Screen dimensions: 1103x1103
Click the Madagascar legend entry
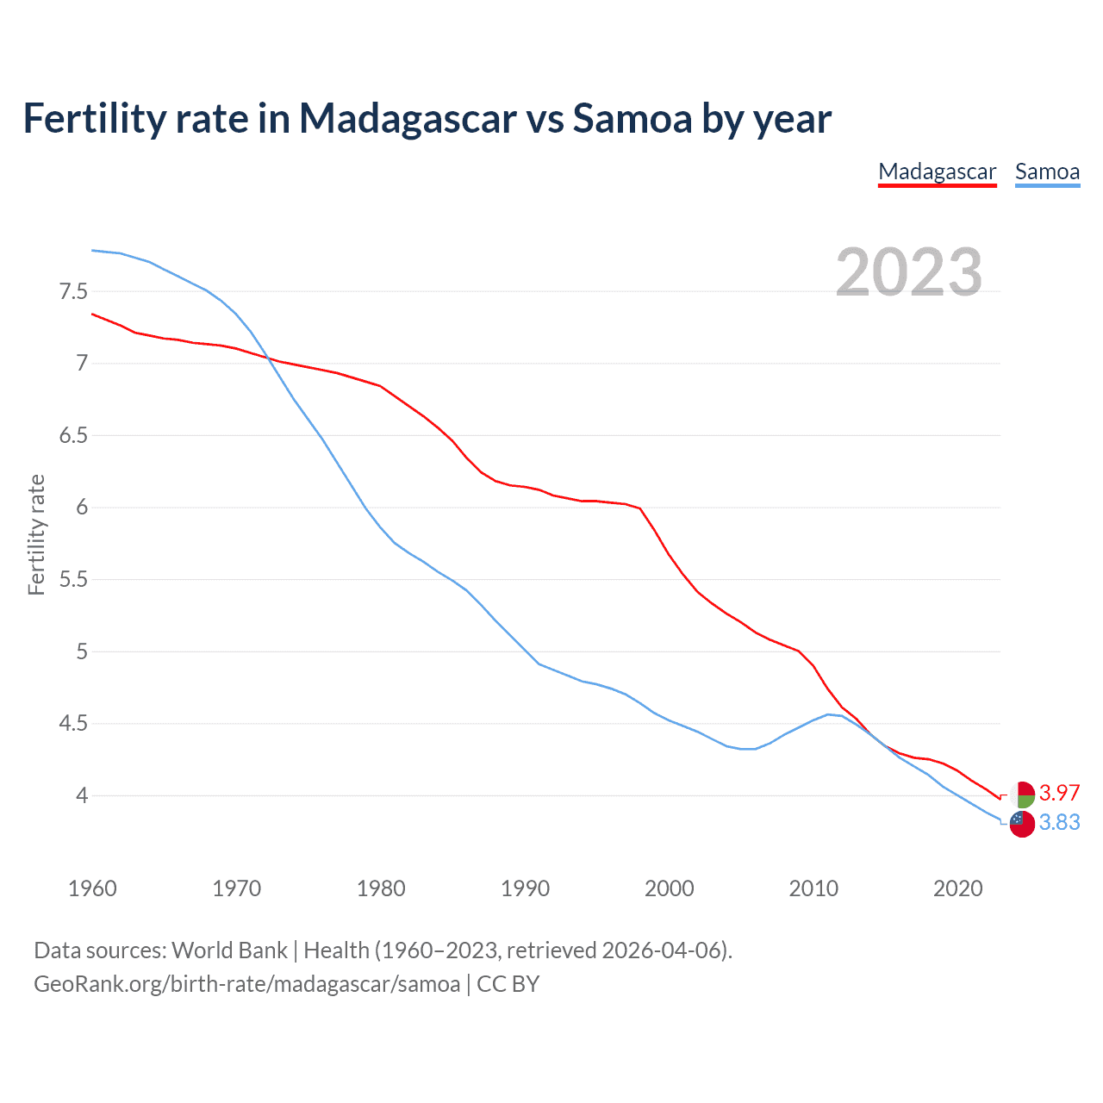(937, 171)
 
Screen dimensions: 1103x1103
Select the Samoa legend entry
(1047, 171)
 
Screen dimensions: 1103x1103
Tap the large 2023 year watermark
(909, 272)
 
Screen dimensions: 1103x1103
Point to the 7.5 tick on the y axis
(74, 291)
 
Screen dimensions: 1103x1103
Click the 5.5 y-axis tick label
(74, 579)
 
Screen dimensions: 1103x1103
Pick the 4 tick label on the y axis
(82, 795)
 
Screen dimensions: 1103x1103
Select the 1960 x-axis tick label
(92, 888)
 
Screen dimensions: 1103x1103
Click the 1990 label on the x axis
(525, 888)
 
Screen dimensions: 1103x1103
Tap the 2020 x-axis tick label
(957, 888)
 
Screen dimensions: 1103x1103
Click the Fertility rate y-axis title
(36, 534)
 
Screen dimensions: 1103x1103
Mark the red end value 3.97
(1059, 793)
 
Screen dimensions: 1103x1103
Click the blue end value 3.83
(1059, 823)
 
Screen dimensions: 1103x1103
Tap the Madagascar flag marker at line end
(1022, 795)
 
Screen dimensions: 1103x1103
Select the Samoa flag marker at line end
(1022, 824)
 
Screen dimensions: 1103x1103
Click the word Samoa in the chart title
(633, 118)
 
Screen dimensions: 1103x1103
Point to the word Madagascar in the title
(408, 118)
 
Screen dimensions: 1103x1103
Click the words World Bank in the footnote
(229, 950)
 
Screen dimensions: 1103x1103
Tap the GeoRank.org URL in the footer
(246, 984)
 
